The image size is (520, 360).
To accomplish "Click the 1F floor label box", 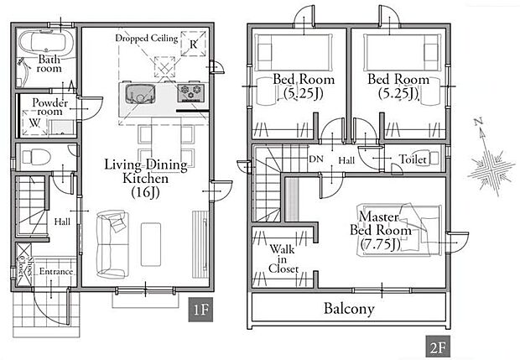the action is pyautogui.click(x=200, y=310).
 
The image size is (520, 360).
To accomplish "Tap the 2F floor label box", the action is pyautogui.click(x=438, y=347).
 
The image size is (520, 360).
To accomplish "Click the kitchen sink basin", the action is pyautogui.click(x=140, y=94).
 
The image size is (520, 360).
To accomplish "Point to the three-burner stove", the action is pyautogui.click(x=190, y=92).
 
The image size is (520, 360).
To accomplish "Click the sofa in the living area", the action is pyautogui.click(x=112, y=244).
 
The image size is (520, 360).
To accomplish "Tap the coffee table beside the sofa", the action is pyautogui.click(x=151, y=244).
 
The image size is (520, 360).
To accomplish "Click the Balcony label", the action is pyautogui.click(x=349, y=309).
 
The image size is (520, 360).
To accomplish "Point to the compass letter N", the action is pyautogui.click(x=478, y=122).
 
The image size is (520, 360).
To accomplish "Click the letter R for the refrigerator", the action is pyautogui.click(x=194, y=44).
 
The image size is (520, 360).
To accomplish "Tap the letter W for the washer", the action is pyautogui.click(x=34, y=123).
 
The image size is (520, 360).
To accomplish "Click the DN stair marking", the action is pyautogui.click(x=315, y=159).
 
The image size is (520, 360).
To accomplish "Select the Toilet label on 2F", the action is pyautogui.click(x=412, y=159).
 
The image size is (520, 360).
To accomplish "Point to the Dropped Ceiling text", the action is pyautogui.click(x=147, y=38).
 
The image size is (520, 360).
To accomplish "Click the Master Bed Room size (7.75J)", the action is pyautogui.click(x=381, y=244).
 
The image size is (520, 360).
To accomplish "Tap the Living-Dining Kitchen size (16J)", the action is pyautogui.click(x=146, y=192).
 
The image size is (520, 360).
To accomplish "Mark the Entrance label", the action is pyautogui.click(x=55, y=271).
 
